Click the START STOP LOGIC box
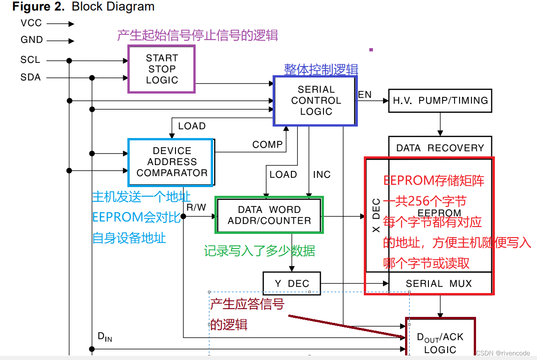161,69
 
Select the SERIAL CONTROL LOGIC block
315,101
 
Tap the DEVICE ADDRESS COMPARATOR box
171,162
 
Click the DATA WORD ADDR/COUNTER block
269,215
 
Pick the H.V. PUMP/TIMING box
440,100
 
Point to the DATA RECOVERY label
440,148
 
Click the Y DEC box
291,283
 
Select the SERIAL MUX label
438,283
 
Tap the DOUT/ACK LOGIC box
440,343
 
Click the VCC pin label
31,23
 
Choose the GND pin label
32,40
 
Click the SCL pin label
30,60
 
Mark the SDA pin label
31,78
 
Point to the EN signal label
365,95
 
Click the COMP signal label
267,144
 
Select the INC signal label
322,175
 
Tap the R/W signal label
197,207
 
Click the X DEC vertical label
376,216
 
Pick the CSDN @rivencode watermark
503,353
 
